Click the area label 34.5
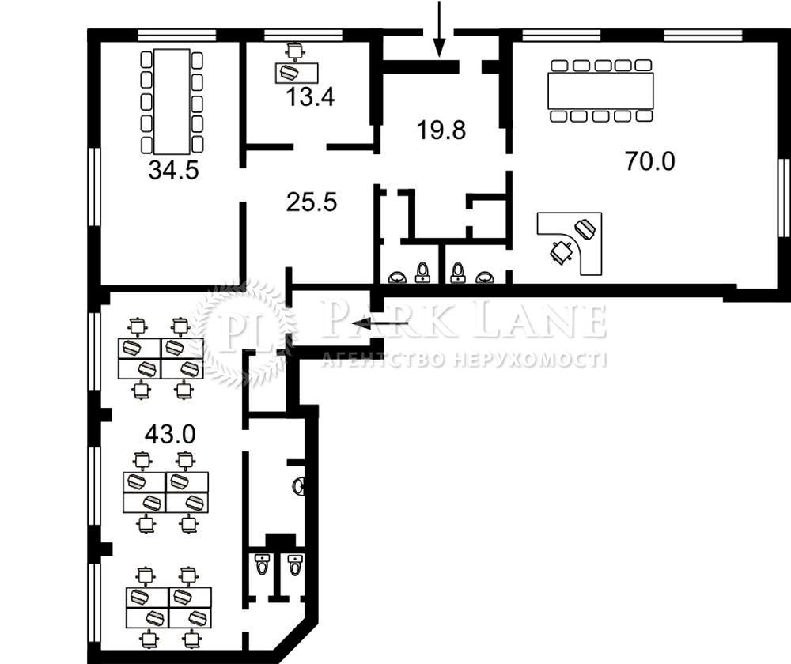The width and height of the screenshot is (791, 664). [173, 170]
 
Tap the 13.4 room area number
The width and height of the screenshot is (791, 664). [310, 96]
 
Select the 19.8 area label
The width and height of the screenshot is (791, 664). [441, 130]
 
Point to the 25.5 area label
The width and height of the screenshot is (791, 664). [311, 202]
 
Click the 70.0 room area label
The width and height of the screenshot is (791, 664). [649, 160]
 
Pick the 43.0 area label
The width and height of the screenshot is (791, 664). [170, 434]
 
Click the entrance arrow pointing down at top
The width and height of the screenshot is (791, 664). [439, 28]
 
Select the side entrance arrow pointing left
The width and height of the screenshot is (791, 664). [380, 323]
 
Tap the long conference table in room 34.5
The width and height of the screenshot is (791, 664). [172, 101]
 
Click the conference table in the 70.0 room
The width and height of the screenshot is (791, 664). [600, 91]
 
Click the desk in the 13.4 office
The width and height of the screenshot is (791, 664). [297, 73]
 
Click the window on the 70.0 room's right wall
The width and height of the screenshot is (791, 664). [785, 190]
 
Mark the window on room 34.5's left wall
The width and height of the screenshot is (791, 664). [94, 187]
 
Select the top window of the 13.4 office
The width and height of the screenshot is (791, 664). [303, 35]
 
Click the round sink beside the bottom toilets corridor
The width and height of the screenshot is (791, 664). [299, 486]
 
